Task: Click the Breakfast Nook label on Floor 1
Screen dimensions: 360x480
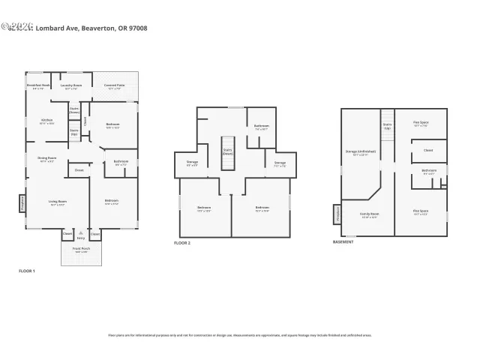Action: [x=37, y=86]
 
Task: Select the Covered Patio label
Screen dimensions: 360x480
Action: [x=114, y=86]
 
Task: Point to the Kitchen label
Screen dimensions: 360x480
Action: [x=46, y=121]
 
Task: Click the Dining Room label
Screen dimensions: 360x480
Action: [x=46, y=158]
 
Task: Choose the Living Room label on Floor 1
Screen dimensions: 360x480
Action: [x=58, y=202]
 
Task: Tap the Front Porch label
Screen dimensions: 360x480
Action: [x=80, y=250]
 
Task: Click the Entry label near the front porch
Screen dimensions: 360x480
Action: [x=80, y=238]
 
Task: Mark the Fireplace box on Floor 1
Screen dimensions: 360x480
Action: [x=22, y=203]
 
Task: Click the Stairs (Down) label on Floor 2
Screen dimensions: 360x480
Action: [x=227, y=149]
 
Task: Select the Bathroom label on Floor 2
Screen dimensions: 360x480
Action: [x=262, y=127]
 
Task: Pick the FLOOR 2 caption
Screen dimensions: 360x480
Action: [x=182, y=243]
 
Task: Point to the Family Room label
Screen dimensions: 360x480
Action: [x=369, y=214]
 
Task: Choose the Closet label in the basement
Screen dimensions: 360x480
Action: [x=428, y=150]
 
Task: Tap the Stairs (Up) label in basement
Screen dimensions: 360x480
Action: [x=387, y=127]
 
